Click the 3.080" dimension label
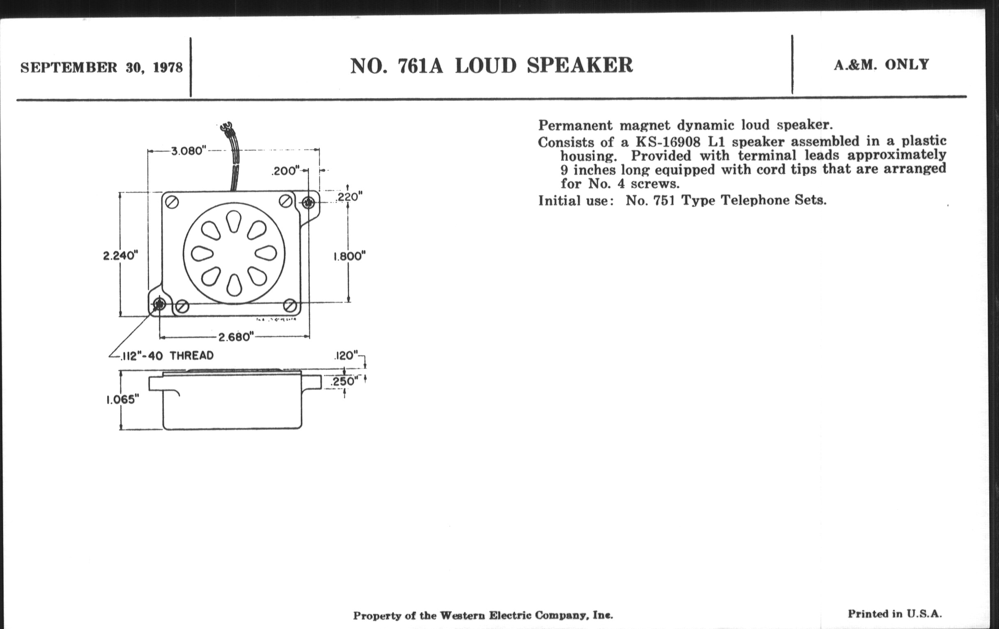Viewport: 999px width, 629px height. tap(189, 151)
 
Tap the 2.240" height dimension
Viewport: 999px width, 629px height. tap(120, 255)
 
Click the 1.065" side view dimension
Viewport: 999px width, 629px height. tap(122, 400)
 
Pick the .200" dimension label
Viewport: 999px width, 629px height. tap(285, 171)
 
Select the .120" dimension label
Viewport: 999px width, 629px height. tap(346, 356)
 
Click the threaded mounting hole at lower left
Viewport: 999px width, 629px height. tap(159, 305)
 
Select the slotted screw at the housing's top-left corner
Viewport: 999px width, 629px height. tap(172, 203)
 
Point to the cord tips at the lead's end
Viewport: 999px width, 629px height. tap(227, 127)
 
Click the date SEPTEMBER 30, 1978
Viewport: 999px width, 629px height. tap(101, 67)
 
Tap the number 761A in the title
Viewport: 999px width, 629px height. tap(420, 66)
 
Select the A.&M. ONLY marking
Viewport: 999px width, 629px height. tap(881, 65)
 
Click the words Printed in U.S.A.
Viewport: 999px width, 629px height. tap(894, 614)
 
